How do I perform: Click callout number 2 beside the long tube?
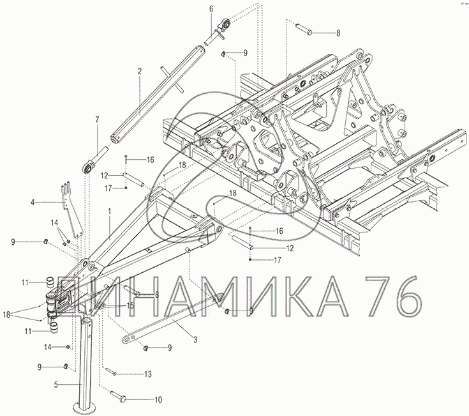(140, 72)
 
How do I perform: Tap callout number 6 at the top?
(211, 9)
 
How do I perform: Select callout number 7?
(97, 119)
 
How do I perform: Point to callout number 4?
(33, 203)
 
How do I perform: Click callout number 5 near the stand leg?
(56, 385)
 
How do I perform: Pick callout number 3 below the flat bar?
(195, 340)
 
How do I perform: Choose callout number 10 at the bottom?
(158, 399)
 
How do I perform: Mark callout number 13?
(148, 374)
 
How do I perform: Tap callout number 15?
(130, 306)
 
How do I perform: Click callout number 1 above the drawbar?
(110, 212)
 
